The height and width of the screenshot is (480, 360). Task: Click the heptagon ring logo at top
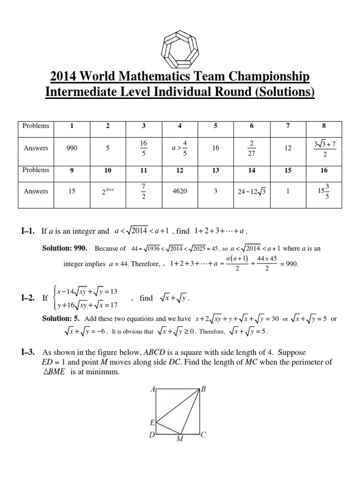[x=180, y=45]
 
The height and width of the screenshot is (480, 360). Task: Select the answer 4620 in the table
[x=180, y=191]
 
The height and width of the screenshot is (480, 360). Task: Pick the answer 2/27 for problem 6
[x=252, y=148]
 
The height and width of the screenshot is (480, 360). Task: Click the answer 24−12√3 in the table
[x=252, y=191]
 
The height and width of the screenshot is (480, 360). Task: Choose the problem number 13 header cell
[x=216, y=170]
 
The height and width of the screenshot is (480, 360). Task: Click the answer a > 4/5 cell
[x=180, y=148]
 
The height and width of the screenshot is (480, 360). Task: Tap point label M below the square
[x=179, y=439]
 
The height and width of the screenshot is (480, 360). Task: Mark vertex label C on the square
[x=203, y=435]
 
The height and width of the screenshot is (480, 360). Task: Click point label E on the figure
[x=152, y=422]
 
